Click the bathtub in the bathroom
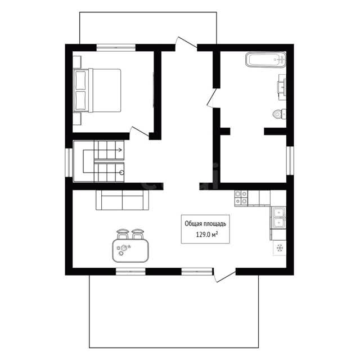(265, 60)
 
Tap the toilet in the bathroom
(280, 114)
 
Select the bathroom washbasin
(282, 87)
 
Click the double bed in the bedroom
(97, 91)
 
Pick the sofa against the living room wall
(123, 200)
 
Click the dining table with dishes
(130, 250)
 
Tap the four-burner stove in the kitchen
(241, 197)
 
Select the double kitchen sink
(278, 218)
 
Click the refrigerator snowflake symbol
(280, 248)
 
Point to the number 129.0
(204, 235)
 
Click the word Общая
(192, 224)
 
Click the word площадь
(214, 224)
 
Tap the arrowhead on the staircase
(120, 150)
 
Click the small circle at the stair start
(121, 173)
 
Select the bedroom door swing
(139, 132)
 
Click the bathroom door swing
(212, 98)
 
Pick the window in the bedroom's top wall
(116, 47)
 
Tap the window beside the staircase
(69, 163)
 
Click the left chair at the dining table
(123, 234)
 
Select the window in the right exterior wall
(290, 160)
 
